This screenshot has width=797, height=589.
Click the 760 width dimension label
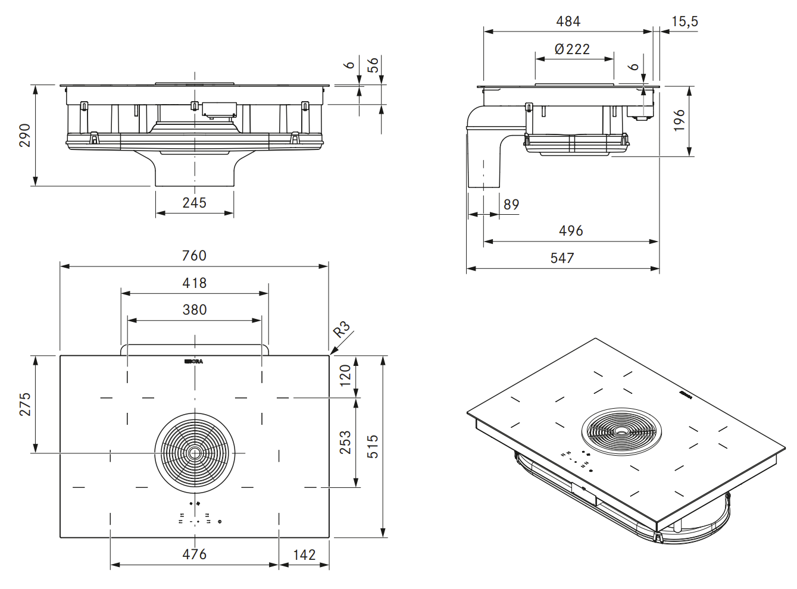[x=194, y=255]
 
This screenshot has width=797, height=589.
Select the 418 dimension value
[x=194, y=283]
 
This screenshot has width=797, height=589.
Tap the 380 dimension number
[x=194, y=309]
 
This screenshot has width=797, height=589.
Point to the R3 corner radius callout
[x=342, y=329]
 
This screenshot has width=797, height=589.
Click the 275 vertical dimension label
[x=25, y=404]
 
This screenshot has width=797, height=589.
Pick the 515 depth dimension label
[x=373, y=447]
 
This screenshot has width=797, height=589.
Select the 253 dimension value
[x=346, y=442]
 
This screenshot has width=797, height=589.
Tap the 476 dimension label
[x=194, y=554]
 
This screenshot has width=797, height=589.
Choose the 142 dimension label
[x=304, y=554]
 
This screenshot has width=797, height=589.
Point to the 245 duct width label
[x=194, y=203]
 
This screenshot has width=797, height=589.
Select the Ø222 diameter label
[x=572, y=49]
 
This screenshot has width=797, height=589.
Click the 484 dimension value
[x=568, y=21]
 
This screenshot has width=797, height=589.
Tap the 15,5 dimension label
[x=685, y=21]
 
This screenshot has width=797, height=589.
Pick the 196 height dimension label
[x=680, y=120]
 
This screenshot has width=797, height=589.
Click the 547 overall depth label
[x=562, y=258]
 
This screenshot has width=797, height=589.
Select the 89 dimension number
[x=511, y=205]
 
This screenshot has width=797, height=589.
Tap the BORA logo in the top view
[x=194, y=361]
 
